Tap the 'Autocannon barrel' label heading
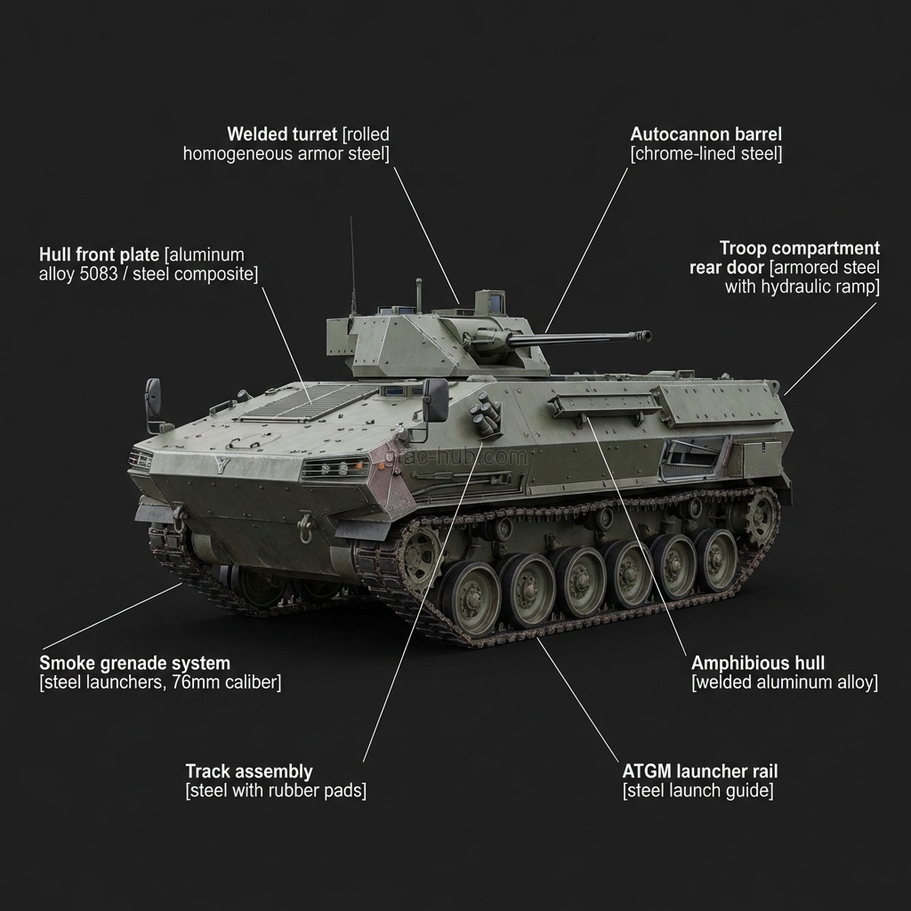click(x=705, y=134)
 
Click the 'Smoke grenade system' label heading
click(x=134, y=663)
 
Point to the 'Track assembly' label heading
click(x=248, y=771)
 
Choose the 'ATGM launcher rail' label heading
click(x=700, y=771)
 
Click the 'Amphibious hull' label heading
click(x=757, y=663)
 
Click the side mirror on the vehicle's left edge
click(x=153, y=398)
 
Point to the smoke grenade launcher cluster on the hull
click(x=486, y=415)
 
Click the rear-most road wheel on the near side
click(x=715, y=559)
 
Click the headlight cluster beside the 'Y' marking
click(x=335, y=468)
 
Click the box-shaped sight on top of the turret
click(x=488, y=302)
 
